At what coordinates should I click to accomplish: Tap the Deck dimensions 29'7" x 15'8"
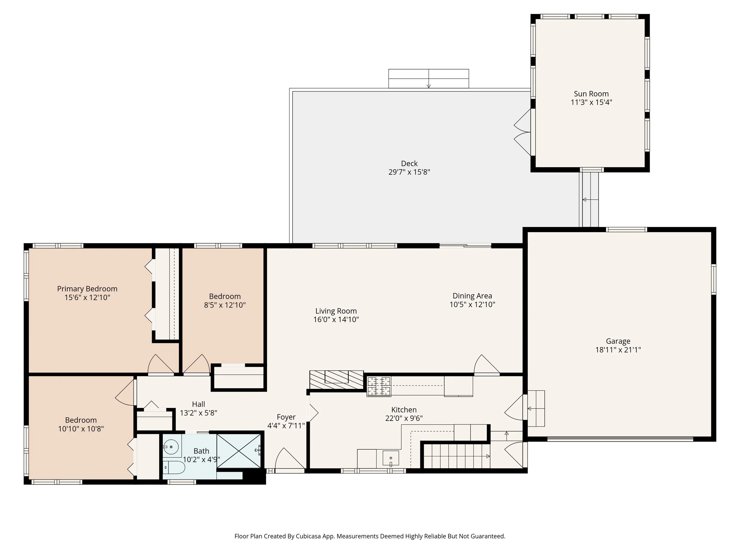(x=409, y=172)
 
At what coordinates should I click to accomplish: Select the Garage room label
(x=618, y=341)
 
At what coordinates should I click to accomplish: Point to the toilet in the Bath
(x=174, y=467)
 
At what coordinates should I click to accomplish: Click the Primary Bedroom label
(x=87, y=289)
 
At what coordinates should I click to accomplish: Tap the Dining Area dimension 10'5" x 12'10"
(x=472, y=304)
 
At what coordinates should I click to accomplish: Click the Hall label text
(x=198, y=404)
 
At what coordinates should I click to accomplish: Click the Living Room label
(x=336, y=311)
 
